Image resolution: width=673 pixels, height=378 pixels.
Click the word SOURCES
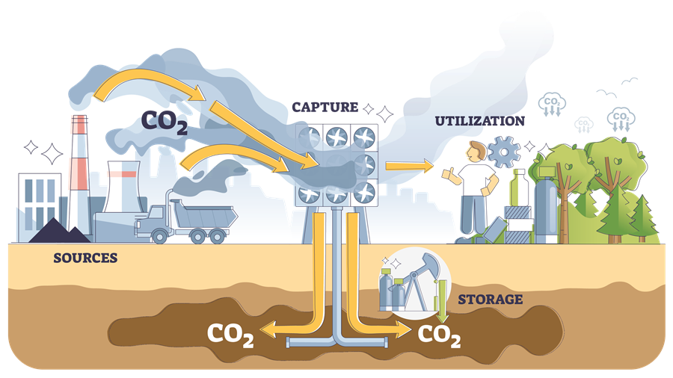(85, 258)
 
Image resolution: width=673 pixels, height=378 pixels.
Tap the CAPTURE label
(325, 108)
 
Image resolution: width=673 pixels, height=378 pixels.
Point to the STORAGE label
(490, 300)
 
